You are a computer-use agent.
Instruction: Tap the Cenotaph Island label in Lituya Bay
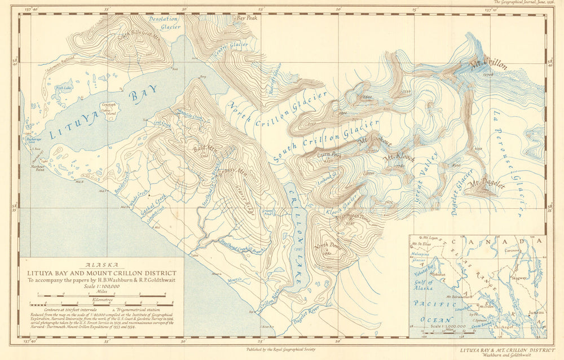[108, 108]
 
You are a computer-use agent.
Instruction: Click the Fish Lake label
[63, 88]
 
